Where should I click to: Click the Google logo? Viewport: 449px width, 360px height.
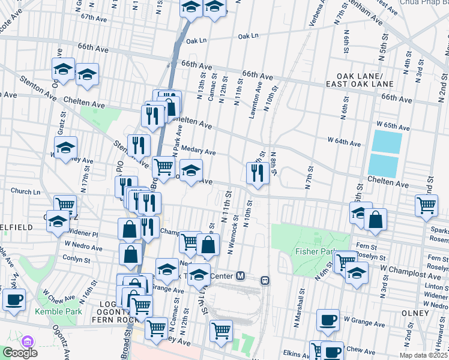(x=20, y=353)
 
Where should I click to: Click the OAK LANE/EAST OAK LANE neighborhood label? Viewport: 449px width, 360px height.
(x=355, y=80)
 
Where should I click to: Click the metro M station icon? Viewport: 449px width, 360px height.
(x=241, y=276)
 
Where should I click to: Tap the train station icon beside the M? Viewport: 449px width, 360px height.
(x=264, y=280)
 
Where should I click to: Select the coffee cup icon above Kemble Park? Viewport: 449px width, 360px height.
(x=14, y=299)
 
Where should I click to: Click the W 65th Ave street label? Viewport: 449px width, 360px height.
(x=393, y=127)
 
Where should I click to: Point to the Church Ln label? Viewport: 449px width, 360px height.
(x=25, y=191)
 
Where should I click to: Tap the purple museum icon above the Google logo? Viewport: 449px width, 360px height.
(x=26, y=341)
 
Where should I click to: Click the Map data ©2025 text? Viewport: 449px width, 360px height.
(x=423, y=355)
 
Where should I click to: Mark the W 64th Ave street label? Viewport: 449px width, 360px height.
(x=344, y=143)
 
